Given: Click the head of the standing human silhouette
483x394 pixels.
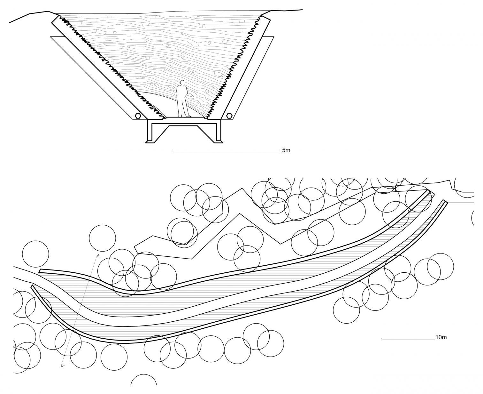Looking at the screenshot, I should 182,83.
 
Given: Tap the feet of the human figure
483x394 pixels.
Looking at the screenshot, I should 184,116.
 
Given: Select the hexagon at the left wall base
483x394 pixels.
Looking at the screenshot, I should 138,116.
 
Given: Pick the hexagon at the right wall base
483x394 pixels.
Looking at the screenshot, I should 229,116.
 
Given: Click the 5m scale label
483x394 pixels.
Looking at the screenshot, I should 286,150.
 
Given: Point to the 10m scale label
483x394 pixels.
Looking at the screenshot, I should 441,337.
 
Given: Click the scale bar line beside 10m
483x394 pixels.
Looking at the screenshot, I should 408,339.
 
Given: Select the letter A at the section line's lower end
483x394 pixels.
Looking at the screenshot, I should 61,366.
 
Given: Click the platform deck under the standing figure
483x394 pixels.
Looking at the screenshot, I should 184,118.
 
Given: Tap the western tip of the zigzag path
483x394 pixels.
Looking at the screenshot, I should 136,248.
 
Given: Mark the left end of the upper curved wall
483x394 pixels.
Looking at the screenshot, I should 41,271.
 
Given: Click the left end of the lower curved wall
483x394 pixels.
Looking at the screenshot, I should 32,286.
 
